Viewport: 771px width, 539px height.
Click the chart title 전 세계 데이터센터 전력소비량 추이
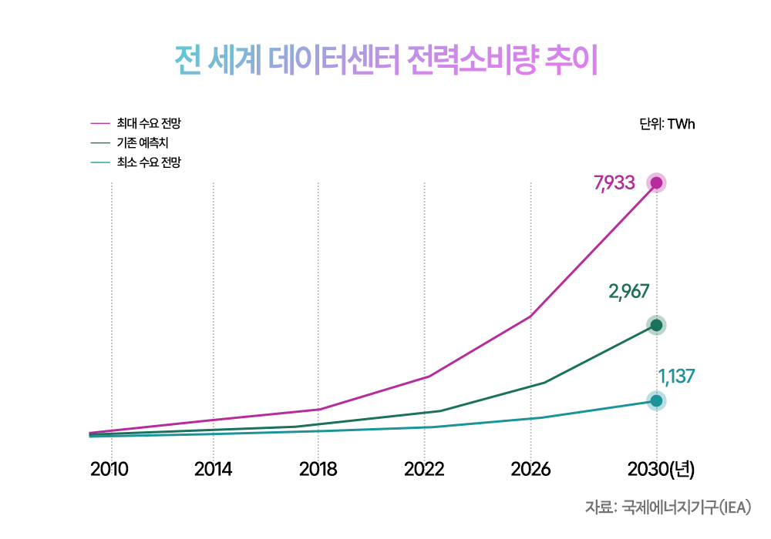point(386,61)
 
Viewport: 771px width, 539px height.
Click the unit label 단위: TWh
point(667,124)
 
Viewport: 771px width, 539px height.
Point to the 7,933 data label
point(614,182)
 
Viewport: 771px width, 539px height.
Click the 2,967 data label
point(629,292)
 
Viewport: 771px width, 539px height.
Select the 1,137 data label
point(676,377)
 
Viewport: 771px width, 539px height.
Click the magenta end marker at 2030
point(656,183)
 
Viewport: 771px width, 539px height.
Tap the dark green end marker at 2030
point(656,325)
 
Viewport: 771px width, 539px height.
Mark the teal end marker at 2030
point(656,401)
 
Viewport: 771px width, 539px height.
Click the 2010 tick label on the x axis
point(109,469)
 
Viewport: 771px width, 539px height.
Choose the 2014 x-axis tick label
point(213,469)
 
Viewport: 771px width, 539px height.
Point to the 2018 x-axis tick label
point(318,469)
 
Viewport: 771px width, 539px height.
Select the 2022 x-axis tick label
point(424,469)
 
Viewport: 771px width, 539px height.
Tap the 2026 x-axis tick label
point(530,469)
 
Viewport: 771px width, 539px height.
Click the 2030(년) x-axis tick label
point(661,470)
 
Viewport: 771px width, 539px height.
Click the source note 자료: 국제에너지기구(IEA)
point(668,507)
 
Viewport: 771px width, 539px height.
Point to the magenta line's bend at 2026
point(530,316)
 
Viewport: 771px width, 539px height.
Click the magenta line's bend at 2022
point(429,377)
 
